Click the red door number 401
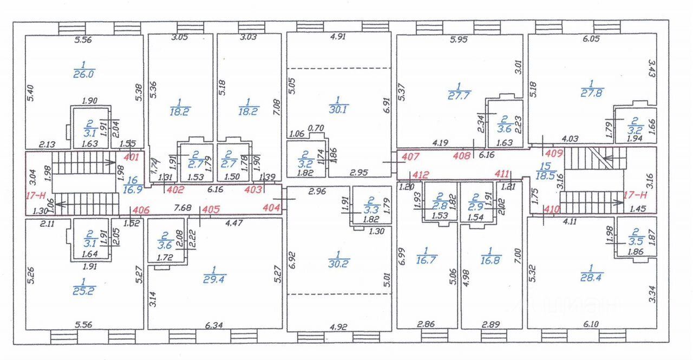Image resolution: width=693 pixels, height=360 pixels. click(x=132, y=158)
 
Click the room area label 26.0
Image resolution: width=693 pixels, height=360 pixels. click(x=83, y=74)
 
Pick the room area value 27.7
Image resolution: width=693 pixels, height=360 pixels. click(x=460, y=95)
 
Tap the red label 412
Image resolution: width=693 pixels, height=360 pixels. click(x=421, y=174)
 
